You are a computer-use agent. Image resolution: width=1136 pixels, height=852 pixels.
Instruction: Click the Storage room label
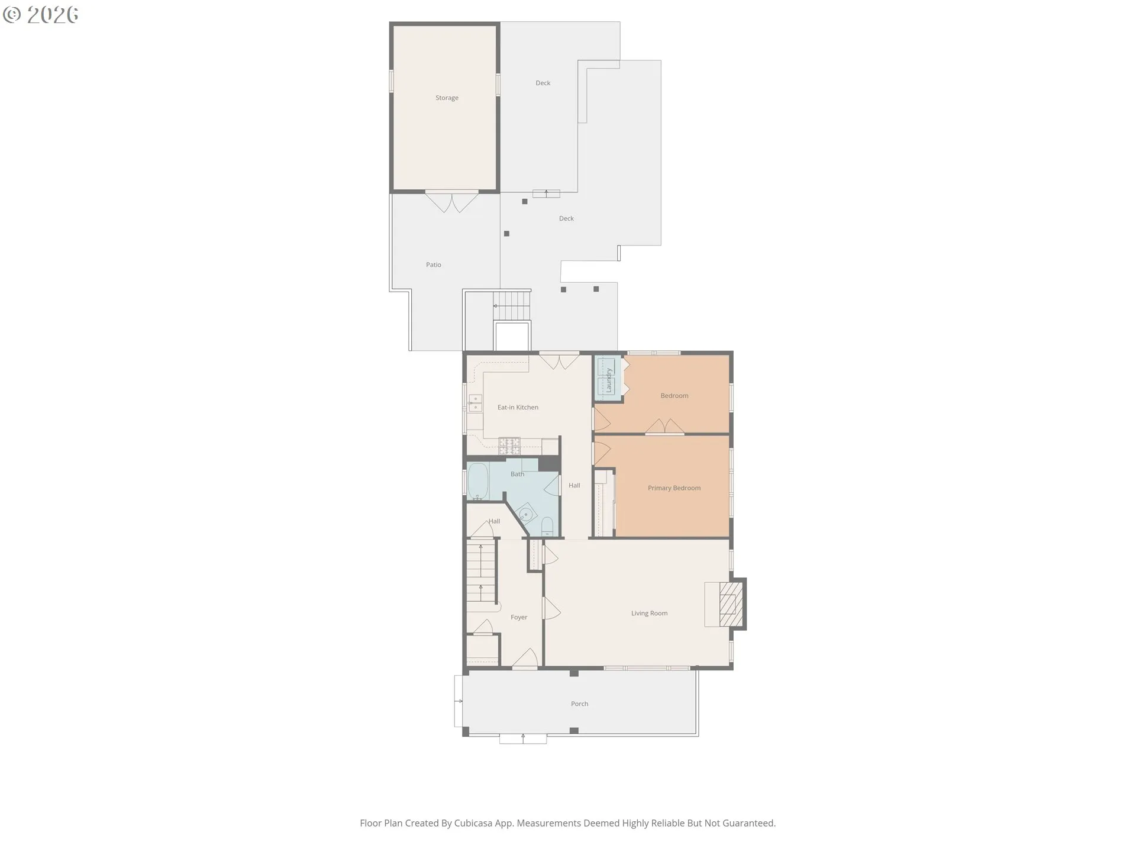(447, 98)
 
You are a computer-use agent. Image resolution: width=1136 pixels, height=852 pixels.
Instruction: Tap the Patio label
(434, 265)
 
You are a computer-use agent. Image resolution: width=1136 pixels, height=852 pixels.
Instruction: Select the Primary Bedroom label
(674, 488)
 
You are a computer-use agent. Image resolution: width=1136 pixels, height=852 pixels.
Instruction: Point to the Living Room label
(649, 614)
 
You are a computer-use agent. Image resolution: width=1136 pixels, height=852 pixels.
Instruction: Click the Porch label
(579, 704)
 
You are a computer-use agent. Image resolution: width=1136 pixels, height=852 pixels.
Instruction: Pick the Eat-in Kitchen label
(518, 408)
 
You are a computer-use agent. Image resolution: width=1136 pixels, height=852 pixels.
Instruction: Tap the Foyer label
(519, 618)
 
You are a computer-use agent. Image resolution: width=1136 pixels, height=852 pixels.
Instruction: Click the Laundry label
(608, 380)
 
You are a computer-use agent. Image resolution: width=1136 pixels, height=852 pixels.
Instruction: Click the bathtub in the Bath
(478, 481)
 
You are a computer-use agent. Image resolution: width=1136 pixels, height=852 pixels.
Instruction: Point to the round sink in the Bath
(525, 513)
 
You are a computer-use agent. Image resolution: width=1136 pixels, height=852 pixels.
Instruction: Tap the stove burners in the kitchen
(509, 446)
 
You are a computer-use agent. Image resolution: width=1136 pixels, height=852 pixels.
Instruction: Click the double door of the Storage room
(452, 202)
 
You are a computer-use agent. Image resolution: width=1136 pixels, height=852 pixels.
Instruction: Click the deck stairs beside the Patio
(512, 305)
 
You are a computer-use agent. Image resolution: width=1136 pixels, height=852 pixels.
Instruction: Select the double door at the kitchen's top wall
(559, 361)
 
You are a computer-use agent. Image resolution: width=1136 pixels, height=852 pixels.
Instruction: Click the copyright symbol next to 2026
(12, 15)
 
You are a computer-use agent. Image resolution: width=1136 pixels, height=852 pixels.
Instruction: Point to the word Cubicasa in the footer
(474, 823)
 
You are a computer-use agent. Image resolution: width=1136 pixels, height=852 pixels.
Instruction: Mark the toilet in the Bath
(547, 526)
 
